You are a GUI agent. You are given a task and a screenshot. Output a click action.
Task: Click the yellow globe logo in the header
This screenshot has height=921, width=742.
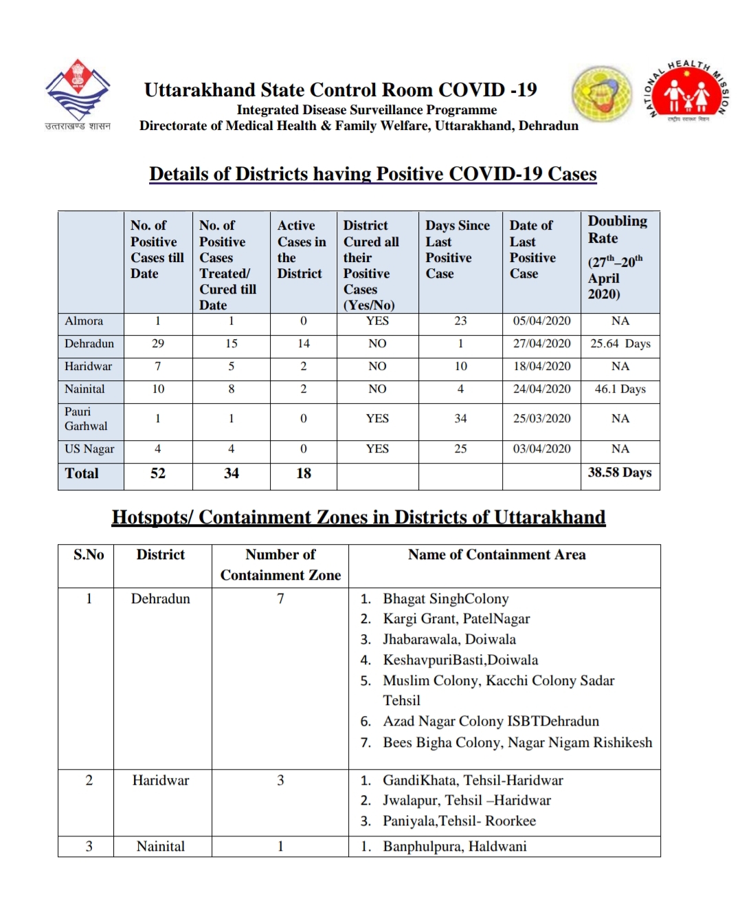coord(602,94)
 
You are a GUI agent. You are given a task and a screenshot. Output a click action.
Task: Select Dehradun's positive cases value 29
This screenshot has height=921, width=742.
coord(158,344)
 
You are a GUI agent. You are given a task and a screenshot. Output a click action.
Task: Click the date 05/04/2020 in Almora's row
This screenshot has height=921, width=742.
coord(541,321)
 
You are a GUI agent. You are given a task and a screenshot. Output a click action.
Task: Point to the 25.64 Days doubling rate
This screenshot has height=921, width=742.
coord(620,344)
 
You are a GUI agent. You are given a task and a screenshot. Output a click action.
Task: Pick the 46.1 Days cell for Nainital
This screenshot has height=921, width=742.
coord(620,389)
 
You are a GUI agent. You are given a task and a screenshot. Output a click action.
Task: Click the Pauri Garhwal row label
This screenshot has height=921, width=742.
coord(86,419)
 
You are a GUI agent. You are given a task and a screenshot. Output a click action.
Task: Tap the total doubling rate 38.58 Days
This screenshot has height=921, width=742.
coord(619,473)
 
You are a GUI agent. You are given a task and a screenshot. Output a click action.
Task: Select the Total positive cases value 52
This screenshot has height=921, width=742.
coord(158,473)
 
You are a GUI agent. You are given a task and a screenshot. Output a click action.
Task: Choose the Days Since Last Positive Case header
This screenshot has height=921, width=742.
coord(457,249)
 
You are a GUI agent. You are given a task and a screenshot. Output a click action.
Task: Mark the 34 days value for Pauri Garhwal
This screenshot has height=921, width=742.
coord(460,419)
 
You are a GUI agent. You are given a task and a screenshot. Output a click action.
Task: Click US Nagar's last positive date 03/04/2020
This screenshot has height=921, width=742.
coord(541,449)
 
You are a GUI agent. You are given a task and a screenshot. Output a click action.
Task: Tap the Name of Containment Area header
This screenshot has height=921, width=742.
coord(497,555)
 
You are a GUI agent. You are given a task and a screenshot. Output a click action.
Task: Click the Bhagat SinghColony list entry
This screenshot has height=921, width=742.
coord(445,599)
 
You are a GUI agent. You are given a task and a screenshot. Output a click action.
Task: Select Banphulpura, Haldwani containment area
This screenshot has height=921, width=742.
coord(454,847)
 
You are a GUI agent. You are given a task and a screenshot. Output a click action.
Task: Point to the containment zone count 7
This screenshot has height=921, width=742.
coord(280,599)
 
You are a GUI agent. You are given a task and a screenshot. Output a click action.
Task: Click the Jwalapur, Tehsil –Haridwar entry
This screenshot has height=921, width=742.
coord(466,801)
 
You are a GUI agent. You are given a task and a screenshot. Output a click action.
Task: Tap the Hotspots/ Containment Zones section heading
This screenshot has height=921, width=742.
coord(359,517)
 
